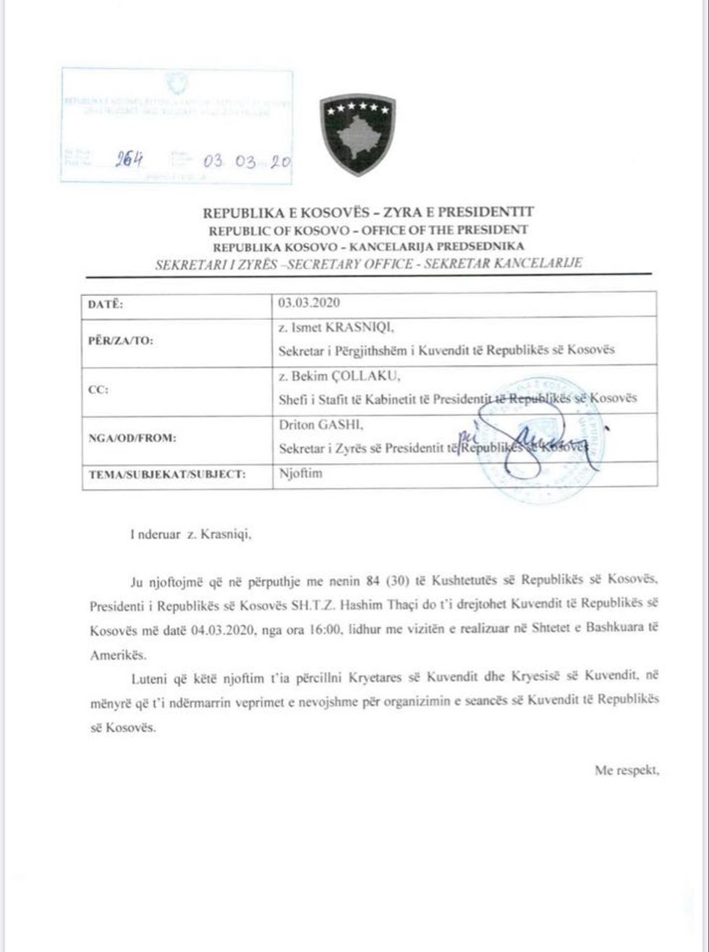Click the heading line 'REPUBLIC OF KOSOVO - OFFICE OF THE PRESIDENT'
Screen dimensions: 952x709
[368, 230]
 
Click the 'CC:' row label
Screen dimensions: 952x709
[98, 389]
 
